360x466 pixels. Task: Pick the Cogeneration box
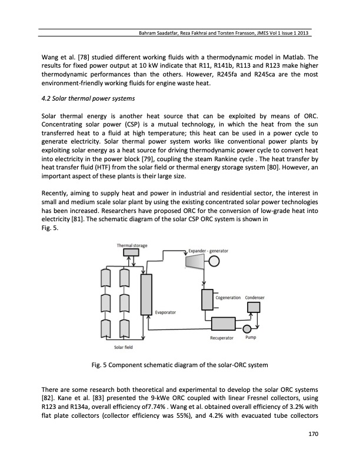click(x=207, y=300)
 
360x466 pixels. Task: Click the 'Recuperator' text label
click(x=222, y=338)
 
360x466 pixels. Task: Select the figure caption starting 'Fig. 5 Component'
click(x=180, y=365)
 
